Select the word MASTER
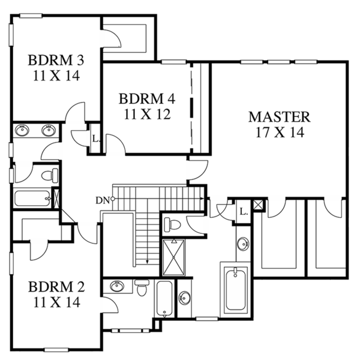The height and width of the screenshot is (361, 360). pyautogui.click(x=280, y=116)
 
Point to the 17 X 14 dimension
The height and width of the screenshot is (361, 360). pyautogui.click(x=280, y=131)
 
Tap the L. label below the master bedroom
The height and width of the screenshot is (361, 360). pyautogui.click(x=243, y=211)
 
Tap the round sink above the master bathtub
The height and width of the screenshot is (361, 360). pyautogui.click(x=243, y=244)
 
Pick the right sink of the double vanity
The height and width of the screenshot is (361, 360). pyautogui.click(x=49, y=130)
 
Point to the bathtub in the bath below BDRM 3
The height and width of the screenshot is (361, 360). pyautogui.click(x=33, y=198)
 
